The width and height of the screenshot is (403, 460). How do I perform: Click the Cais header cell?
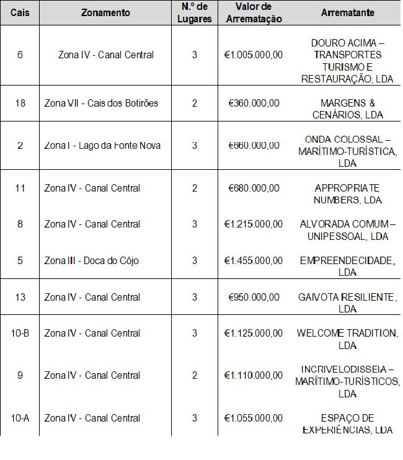click(x=20, y=13)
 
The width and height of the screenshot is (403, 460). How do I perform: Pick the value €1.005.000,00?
click(x=253, y=55)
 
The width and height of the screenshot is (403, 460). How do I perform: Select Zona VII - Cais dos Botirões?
click(x=101, y=102)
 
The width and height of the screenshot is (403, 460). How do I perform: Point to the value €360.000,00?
click(x=253, y=102)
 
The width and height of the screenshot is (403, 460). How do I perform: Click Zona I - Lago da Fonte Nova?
click(x=102, y=145)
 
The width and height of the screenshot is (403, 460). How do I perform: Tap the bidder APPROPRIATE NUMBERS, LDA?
click(x=347, y=193)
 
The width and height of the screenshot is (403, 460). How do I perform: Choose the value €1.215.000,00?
click(x=253, y=224)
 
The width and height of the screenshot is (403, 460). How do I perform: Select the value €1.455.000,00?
click(x=253, y=260)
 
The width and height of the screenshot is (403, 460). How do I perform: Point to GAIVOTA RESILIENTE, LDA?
click(x=347, y=303)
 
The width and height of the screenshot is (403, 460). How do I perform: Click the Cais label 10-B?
click(x=20, y=333)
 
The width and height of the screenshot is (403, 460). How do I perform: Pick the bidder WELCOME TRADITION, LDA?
click(x=347, y=338)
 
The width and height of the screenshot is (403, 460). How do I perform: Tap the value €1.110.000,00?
click(x=253, y=375)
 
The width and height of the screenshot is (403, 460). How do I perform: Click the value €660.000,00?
click(x=253, y=145)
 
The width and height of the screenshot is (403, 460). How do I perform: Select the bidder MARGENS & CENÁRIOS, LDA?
click(x=347, y=108)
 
